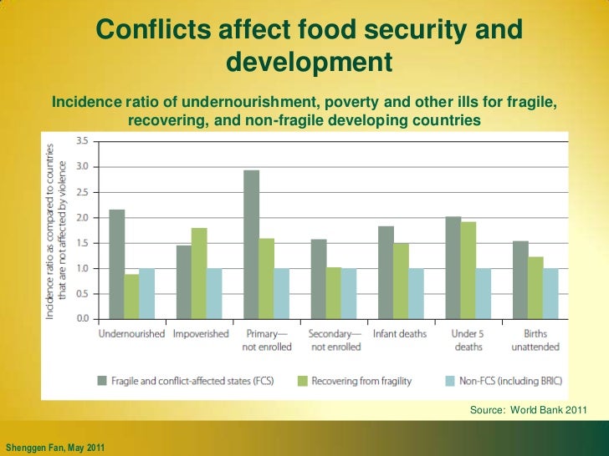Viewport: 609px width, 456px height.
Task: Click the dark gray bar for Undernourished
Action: [117, 264]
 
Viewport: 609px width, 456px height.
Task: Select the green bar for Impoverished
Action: [198, 273]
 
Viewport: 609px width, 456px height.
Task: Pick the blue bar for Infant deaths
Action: [416, 293]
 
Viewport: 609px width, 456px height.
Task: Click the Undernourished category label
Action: [131, 334]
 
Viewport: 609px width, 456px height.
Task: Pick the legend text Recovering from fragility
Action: [361, 381]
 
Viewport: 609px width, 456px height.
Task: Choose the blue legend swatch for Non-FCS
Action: [450, 381]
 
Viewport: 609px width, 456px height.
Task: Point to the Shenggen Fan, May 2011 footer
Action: [55, 447]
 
